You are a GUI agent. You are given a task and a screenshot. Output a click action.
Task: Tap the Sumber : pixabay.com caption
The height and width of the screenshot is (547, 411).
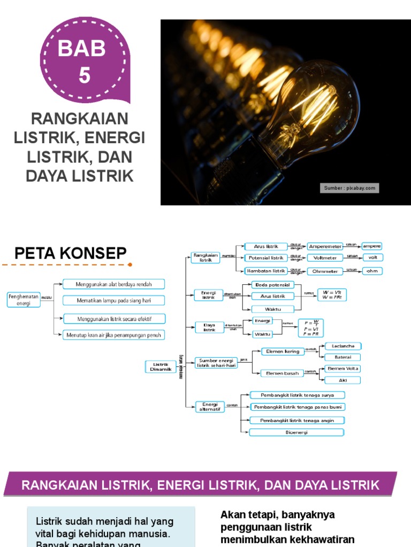(x=349, y=188)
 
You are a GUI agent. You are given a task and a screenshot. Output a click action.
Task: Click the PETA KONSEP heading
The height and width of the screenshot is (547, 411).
(x=70, y=253)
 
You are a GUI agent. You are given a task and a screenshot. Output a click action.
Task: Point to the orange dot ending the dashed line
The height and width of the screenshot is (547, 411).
(x=130, y=264)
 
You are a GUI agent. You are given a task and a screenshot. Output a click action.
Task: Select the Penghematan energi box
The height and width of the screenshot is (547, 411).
(x=24, y=299)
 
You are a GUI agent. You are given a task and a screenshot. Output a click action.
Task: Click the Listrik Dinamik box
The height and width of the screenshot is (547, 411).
(x=161, y=366)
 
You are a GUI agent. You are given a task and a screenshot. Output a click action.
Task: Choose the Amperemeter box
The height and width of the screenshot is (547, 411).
(x=325, y=246)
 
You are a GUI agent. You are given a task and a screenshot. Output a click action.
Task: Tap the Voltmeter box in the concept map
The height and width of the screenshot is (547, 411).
(x=325, y=257)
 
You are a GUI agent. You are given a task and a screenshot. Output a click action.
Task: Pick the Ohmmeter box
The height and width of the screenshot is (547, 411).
(x=325, y=271)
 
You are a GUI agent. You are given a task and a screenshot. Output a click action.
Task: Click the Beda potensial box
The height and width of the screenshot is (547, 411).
(x=272, y=285)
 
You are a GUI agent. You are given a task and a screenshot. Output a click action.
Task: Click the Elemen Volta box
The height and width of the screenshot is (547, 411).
(x=343, y=369)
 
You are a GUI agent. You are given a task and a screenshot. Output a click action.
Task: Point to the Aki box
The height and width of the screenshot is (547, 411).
(x=343, y=380)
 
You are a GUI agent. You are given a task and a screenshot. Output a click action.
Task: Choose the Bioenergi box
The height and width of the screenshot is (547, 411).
(x=296, y=432)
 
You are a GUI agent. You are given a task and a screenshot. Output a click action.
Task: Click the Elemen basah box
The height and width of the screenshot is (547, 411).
(x=282, y=373)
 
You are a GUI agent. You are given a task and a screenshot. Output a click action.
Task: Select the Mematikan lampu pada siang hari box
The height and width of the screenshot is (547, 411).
(x=113, y=300)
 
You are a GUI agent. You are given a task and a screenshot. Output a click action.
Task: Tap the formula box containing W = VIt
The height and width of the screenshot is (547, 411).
(x=332, y=295)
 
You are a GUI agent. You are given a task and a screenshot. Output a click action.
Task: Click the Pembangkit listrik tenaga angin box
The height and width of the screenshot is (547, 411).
(x=296, y=420)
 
